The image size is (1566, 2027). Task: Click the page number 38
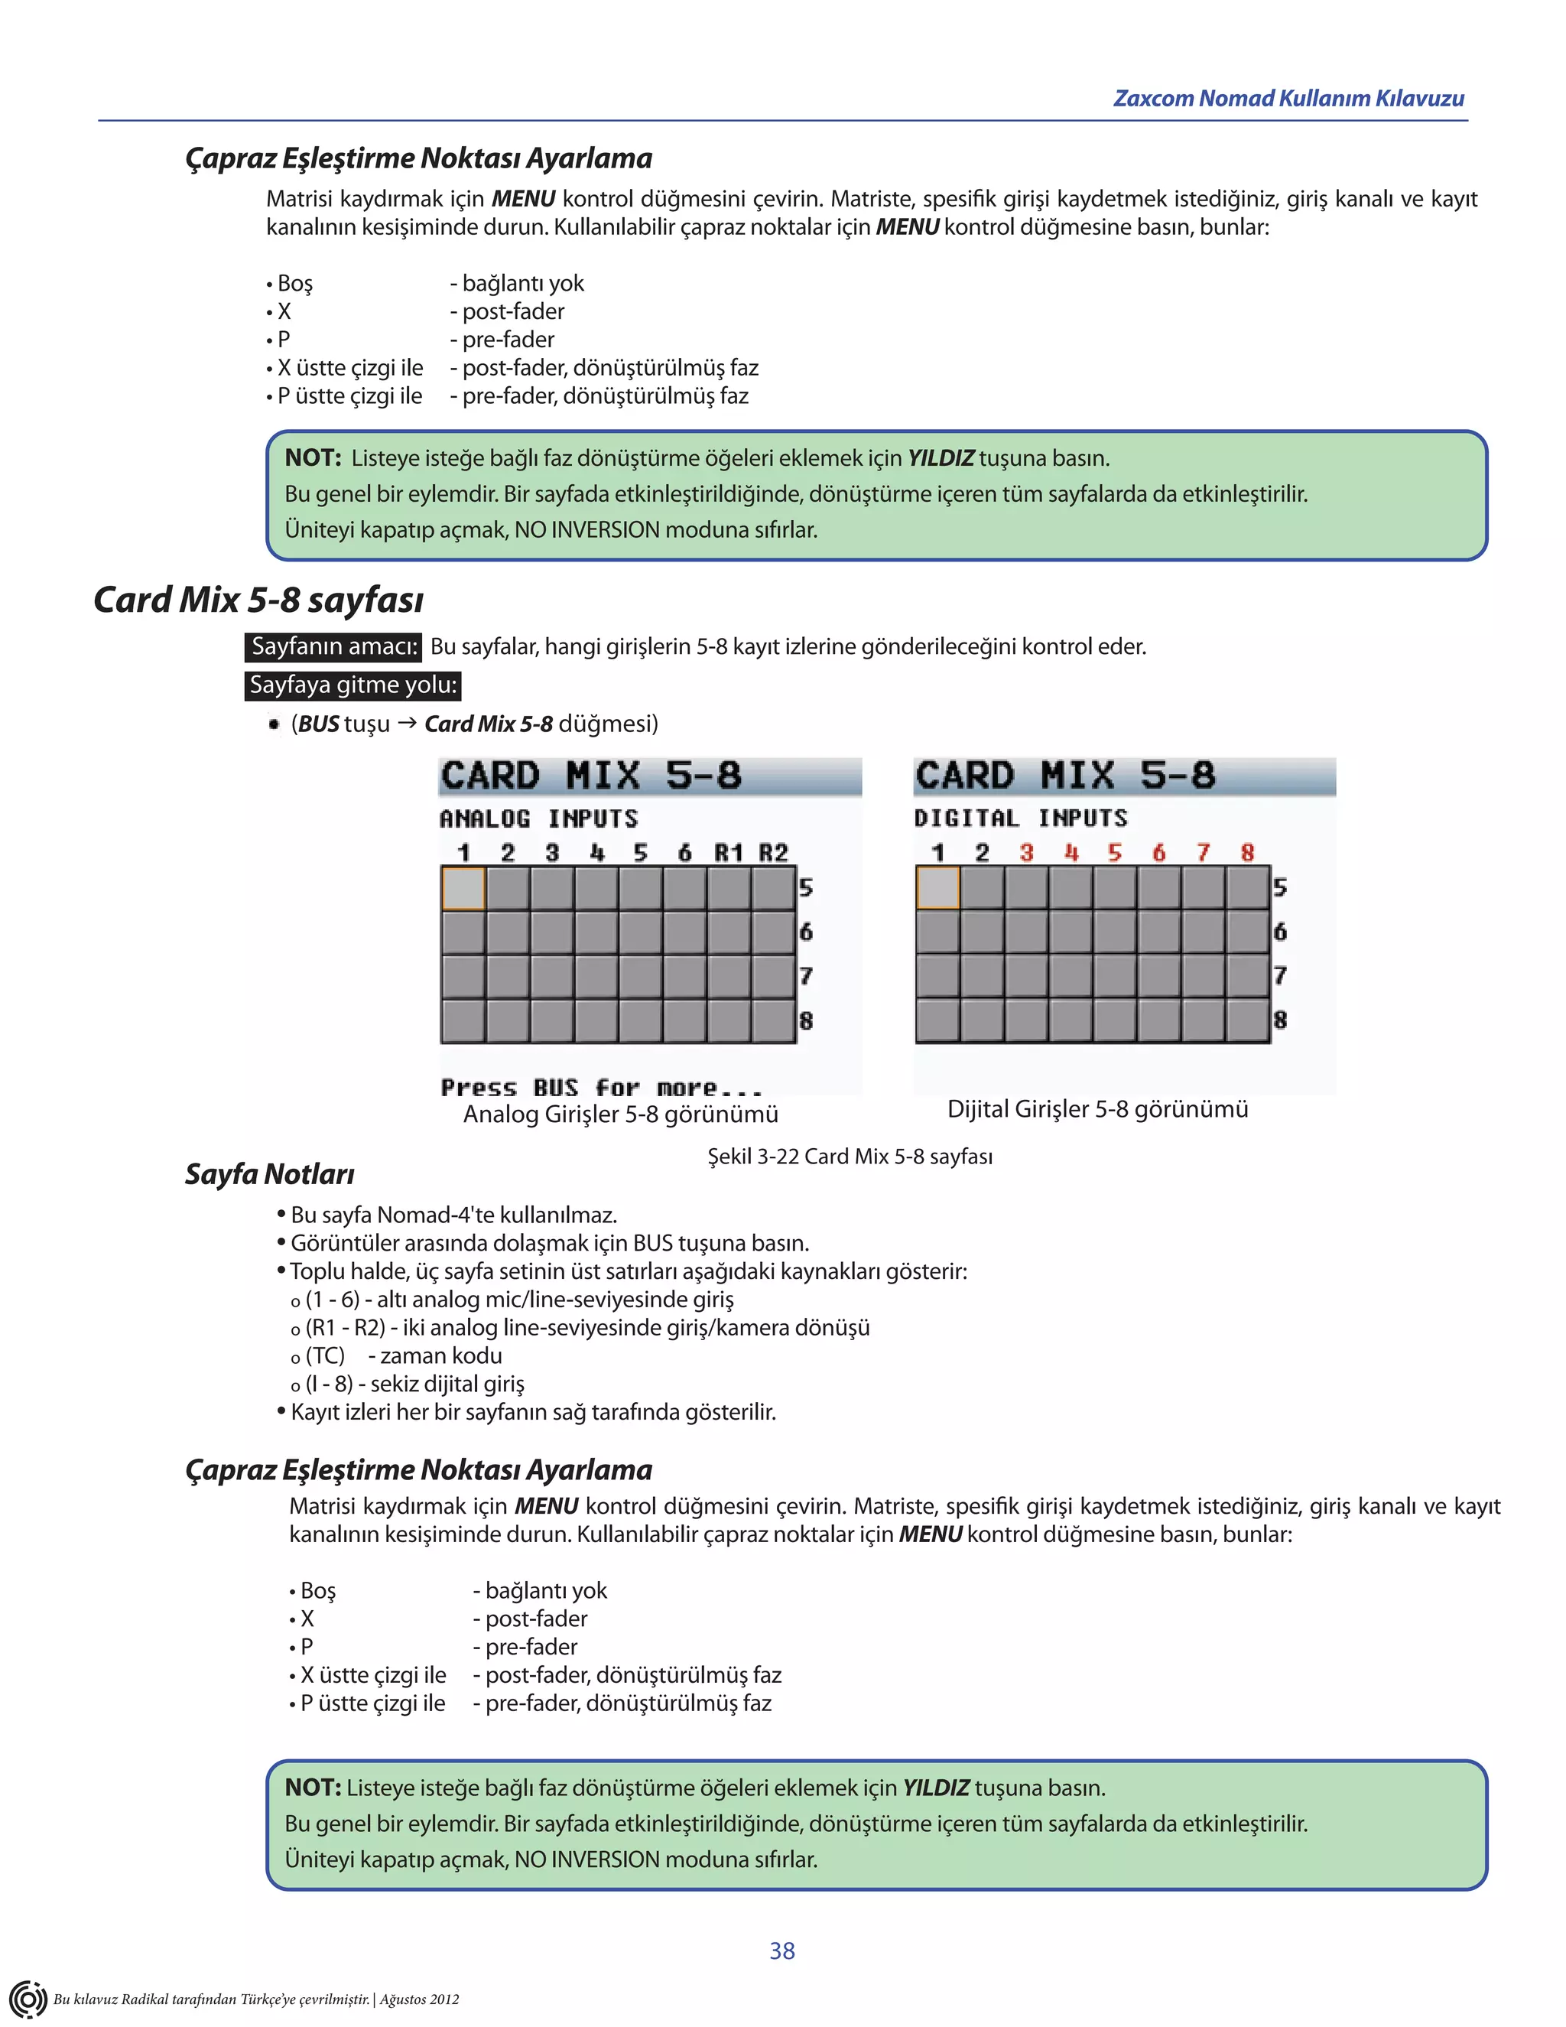pos(782,1951)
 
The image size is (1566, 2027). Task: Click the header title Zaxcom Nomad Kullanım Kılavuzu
pos(1288,99)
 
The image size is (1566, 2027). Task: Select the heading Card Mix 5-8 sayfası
pos(259,600)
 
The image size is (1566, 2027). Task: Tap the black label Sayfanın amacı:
pos(334,647)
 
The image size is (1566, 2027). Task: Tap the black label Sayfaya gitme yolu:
pos(353,686)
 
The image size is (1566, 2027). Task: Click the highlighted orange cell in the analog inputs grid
pos(463,888)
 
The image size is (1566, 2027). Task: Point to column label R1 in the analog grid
pos(728,853)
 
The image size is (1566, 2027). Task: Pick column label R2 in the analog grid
pos(774,853)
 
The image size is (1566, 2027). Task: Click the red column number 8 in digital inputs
pos(1248,853)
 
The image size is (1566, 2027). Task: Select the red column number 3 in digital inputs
pos(1026,853)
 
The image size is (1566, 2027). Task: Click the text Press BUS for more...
pos(601,1088)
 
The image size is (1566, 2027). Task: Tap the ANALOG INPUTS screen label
pos(539,818)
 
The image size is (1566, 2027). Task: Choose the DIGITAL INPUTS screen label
pos(1021,818)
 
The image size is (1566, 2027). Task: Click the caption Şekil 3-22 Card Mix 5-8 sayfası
pos(850,1157)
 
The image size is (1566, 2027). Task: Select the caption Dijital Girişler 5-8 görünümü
pos(1097,1109)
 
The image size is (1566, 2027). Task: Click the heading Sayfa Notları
pos(269,1175)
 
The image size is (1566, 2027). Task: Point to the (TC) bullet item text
pos(325,1356)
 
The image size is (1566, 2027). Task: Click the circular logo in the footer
pos(28,1998)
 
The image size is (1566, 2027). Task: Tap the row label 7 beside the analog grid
pos(805,976)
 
